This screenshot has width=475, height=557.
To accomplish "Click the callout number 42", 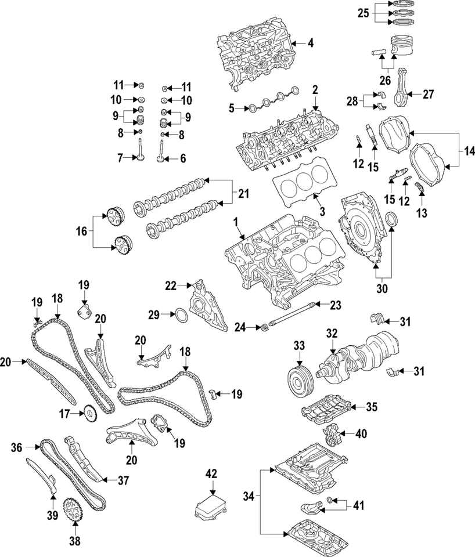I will coord(211,473).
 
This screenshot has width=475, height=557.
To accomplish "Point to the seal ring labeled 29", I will coord(181,314).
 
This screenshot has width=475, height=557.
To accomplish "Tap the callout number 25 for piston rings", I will coord(363,12).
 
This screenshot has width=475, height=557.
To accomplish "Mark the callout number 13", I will coord(422,213).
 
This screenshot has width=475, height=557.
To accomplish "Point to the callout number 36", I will coord(16,447).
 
